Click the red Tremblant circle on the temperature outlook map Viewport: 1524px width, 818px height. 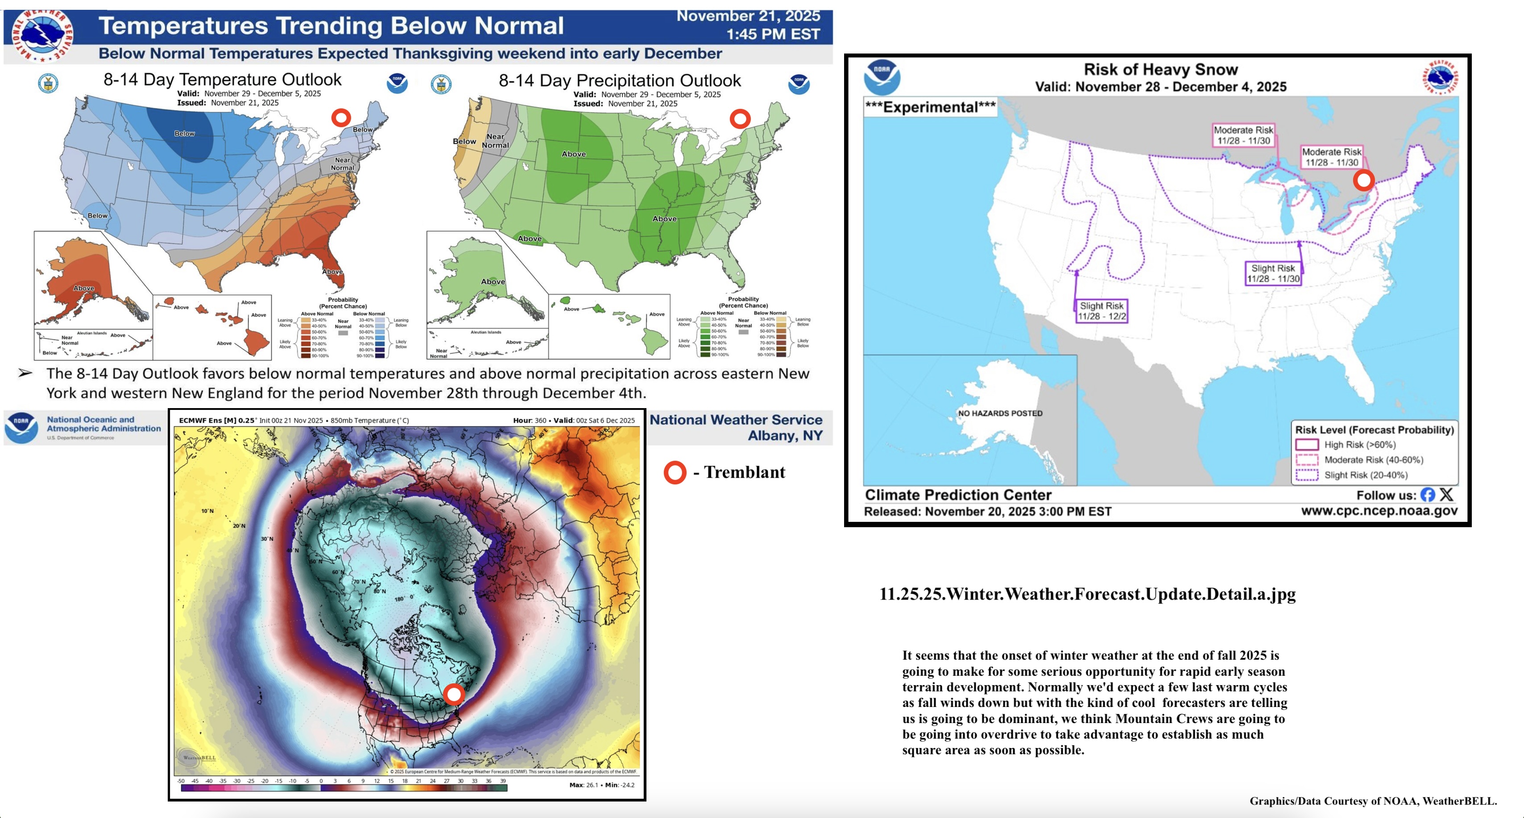click(x=341, y=118)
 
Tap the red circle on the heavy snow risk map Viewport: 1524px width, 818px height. click(x=1364, y=180)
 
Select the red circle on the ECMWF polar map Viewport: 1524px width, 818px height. click(x=454, y=694)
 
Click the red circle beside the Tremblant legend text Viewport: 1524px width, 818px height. click(x=675, y=473)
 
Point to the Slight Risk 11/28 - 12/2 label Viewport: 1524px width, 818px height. click(x=1101, y=310)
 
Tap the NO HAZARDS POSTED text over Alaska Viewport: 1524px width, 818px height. click(x=1000, y=413)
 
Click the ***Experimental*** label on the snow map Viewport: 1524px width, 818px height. click(x=930, y=107)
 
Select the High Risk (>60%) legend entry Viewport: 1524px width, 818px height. click(x=1359, y=445)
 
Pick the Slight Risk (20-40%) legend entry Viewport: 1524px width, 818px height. click(x=1365, y=475)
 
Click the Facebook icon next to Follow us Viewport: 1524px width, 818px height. click(x=1428, y=495)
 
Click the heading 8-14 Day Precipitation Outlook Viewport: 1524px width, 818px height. click(x=619, y=80)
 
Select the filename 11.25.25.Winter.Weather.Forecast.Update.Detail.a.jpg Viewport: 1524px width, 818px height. click(x=1087, y=594)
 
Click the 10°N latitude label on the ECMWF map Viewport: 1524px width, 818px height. click(x=207, y=510)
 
